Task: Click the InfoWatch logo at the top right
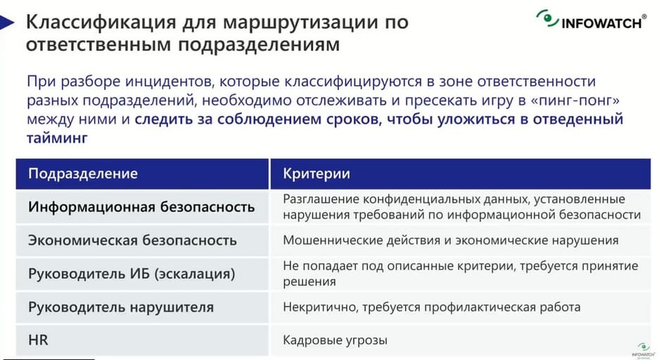591,20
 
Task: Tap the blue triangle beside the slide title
7,22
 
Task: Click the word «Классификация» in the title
101,22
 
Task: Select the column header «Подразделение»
83,174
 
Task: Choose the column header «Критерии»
316,174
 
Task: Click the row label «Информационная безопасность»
141,207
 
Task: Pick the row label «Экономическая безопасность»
132,240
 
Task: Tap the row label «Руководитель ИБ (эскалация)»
132,274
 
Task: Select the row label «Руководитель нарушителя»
121,307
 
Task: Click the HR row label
38,340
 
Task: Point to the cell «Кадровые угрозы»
335,340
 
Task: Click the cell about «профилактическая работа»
432,307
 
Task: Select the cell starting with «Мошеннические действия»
451,240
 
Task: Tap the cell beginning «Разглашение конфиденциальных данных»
461,207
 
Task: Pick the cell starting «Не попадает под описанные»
461,274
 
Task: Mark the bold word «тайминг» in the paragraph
57,138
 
